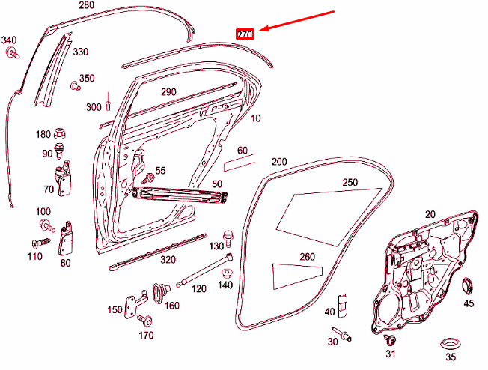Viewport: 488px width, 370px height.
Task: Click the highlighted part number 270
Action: [245, 34]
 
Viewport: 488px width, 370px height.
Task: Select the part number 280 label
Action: [86, 5]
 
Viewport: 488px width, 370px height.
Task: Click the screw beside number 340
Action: [12, 52]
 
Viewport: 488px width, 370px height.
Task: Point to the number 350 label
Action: [87, 78]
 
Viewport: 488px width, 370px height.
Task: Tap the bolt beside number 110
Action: [39, 243]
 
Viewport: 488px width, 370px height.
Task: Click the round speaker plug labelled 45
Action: [469, 285]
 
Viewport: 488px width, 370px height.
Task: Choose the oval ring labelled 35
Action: [450, 343]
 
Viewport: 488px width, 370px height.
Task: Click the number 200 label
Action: [279, 162]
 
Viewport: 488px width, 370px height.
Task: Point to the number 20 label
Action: [430, 214]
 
